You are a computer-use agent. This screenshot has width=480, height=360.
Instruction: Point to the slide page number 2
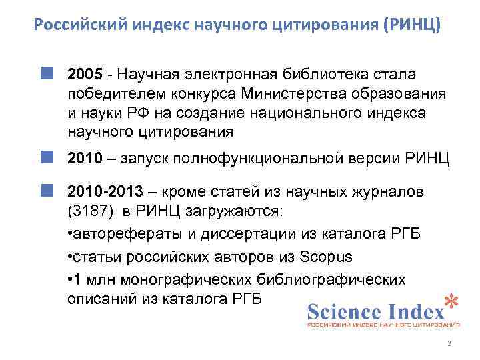pos(449,344)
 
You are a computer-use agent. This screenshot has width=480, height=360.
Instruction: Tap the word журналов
pos(385,192)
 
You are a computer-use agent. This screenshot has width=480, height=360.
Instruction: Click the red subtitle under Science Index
pos(383,325)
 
